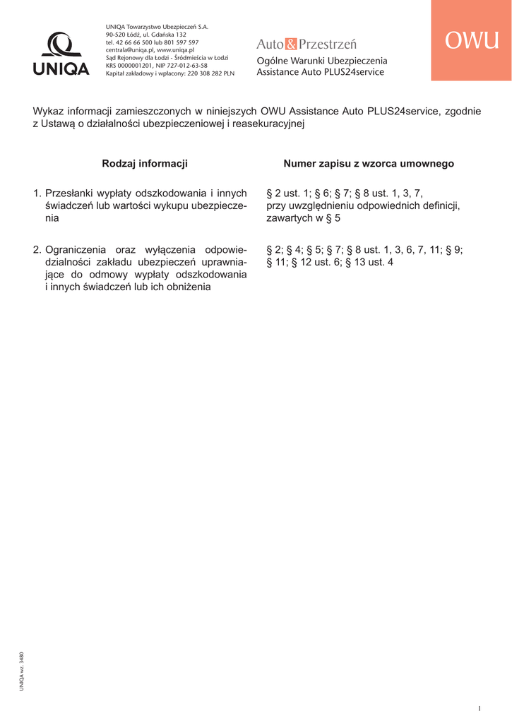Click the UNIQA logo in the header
point(61,54)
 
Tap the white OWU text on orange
point(472,41)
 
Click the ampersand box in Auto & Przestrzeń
point(291,45)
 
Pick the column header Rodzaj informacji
point(145,164)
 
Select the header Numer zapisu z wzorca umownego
point(369,164)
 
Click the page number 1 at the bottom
point(479,708)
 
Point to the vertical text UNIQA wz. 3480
point(22,671)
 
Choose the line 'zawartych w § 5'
point(303,218)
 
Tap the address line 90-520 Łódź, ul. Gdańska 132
point(145,35)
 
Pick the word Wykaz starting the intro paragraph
point(47,111)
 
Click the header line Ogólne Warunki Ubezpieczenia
point(322,61)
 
